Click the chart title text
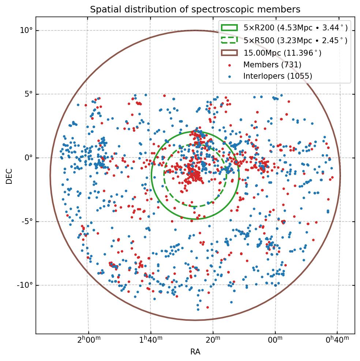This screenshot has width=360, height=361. [x=195, y=10]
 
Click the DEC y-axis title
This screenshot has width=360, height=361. [x=9, y=176]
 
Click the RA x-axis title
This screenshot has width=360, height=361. [x=195, y=352]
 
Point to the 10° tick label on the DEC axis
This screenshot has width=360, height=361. [x=26, y=30]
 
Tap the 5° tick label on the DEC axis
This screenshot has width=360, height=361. [x=28, y=94]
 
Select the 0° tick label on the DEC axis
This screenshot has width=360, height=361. [x=28, y=158]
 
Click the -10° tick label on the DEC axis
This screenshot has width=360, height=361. [x=25, y=285]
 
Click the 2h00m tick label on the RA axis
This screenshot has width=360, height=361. [x=89, y=340]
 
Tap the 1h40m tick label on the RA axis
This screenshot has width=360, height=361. [x=151, y=340]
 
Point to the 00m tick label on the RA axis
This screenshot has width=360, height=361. [x=275, y=340]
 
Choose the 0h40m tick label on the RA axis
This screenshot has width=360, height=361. [x=337, y=340]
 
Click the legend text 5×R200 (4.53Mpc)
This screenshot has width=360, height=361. [x=295, y=28]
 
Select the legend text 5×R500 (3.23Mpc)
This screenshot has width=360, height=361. [x=295, y=40]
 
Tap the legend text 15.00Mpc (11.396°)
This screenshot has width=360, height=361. [x=282, y=53]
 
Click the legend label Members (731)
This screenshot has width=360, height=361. [x=272, y=65]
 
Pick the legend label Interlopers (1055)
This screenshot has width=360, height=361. [x=278, y=76]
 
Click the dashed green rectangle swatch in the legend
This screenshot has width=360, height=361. [x=229, y=40]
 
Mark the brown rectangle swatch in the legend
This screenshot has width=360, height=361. [x=229, y=52]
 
